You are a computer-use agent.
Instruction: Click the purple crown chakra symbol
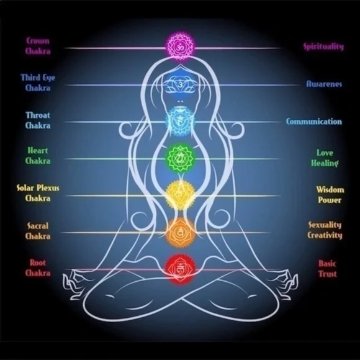[180, 46]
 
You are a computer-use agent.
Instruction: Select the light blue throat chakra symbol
[180, 122]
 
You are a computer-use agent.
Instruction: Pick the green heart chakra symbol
[180, 158]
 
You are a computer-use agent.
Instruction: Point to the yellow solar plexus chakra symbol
[180, 196]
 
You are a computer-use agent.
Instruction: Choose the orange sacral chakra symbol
[180, 232]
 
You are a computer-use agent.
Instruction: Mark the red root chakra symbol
[180, 269]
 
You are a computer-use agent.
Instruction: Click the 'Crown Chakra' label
[38, 46]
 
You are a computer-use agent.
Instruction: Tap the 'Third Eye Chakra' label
[38, 83]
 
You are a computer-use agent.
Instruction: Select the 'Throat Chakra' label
[38, 120]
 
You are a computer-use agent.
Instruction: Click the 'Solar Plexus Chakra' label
[38, 193]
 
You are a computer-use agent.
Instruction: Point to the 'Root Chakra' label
[38, 268]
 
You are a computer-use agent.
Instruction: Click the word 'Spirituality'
[324, 47]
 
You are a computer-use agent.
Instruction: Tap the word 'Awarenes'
[324, 84]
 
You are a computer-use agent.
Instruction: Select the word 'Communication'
[314, 122]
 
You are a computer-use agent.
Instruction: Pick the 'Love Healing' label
[325, 158]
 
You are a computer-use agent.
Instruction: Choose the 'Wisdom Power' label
[330, 195]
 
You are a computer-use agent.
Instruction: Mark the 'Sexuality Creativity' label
[325, 230]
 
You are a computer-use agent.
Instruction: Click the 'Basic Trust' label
[327, 269]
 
